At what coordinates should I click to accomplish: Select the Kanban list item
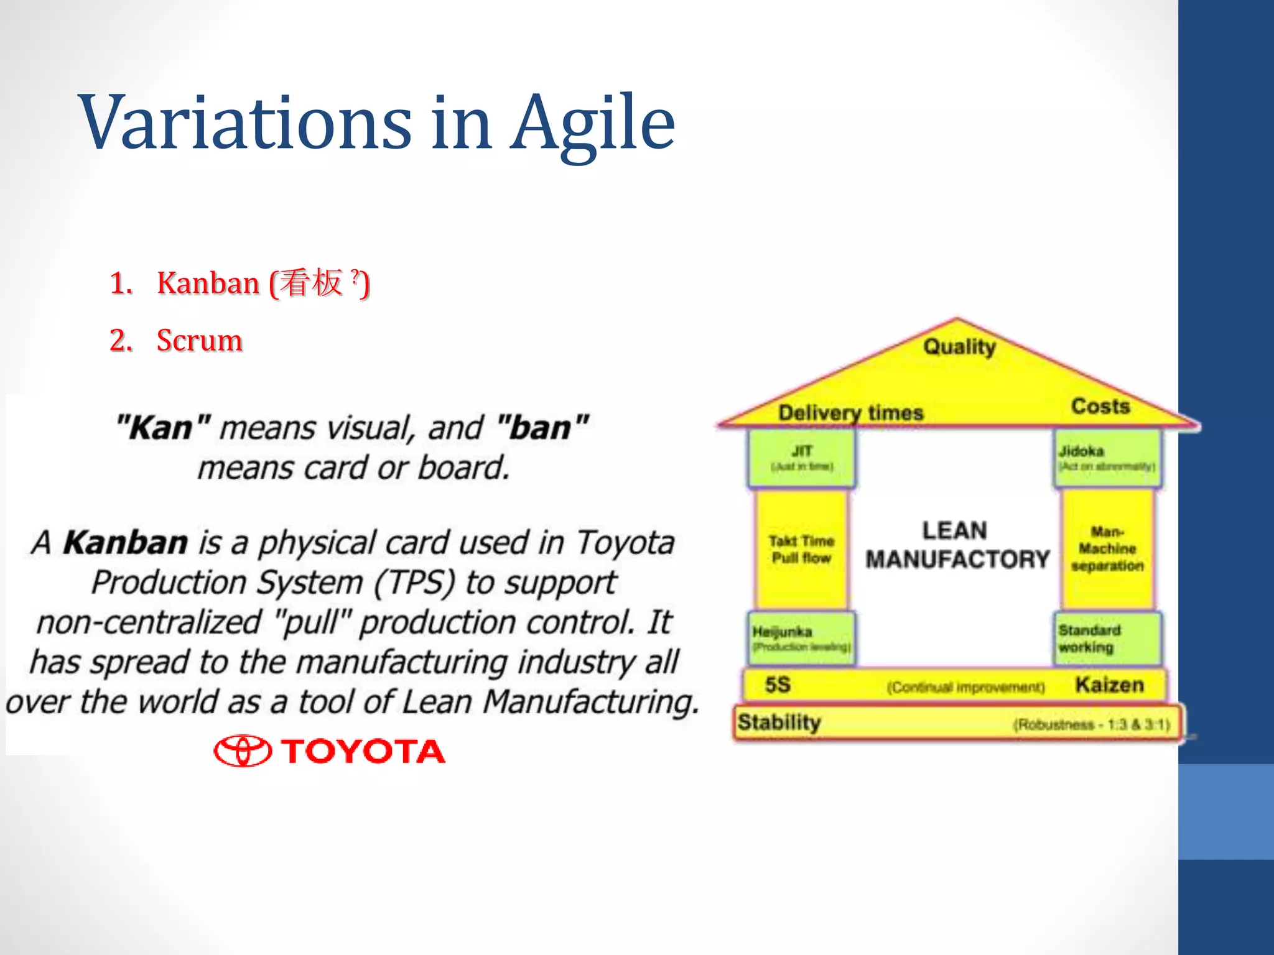click(239, 283)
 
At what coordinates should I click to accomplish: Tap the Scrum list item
click(199, 340)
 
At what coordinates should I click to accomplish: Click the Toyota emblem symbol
click(243, 751)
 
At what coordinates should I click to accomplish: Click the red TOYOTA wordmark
click(363, 751)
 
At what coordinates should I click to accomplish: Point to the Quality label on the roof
click(959, 346)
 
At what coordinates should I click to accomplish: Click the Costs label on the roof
click(1100, 406)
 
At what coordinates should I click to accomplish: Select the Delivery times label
click(850, 412)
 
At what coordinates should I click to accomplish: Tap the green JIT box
click(801, 458)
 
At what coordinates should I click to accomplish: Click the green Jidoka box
click(1107, 458)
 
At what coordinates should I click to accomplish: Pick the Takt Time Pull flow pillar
click(801, 549)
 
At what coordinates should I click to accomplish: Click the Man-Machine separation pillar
click(1107, 549)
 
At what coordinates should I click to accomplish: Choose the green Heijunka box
click(801, 639)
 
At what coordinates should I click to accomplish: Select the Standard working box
click(1107, 639)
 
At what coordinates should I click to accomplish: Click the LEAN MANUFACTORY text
click(956, 545)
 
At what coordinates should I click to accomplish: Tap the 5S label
click(778, 685)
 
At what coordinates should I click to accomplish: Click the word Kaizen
click(1109, 685)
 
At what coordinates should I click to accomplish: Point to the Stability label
click(779, 722)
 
